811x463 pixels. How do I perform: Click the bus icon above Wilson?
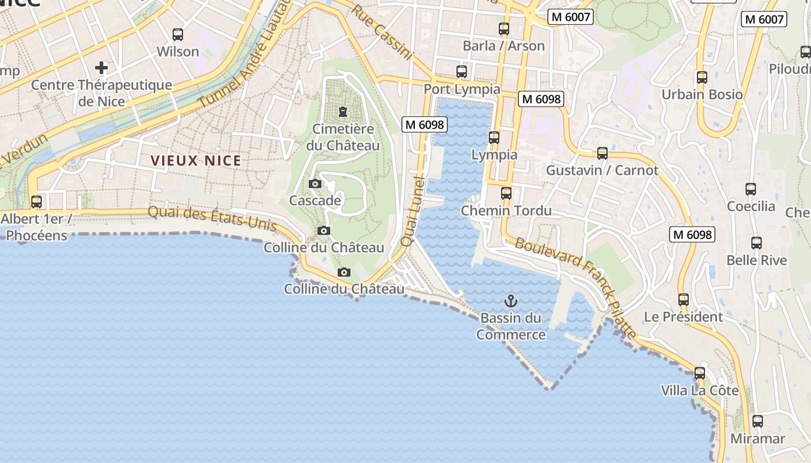(178, 35)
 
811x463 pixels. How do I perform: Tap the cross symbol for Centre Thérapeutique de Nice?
(101, 68)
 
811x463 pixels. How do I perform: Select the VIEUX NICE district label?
(196, 161)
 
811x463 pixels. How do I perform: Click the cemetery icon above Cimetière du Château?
(343, 111)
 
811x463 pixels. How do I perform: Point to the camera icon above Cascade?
(315, 184)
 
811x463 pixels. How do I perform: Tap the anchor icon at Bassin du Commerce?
(510, 301)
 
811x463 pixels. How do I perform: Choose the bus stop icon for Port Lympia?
(462, 72)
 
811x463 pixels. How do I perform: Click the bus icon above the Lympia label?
(494, 138)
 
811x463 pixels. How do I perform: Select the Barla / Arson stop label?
(503, 46)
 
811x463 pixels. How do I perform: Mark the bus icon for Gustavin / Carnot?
(602, 153)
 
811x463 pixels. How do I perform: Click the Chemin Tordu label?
(506, 211)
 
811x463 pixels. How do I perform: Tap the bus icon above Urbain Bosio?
(702, 77)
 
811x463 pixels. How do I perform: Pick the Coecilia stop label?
(751, 206)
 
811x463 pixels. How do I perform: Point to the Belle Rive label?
(757, 260)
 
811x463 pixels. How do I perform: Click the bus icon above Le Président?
(684, 300)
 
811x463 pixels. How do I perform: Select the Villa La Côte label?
(700, 391)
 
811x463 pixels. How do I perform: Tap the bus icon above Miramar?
(758, 421)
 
